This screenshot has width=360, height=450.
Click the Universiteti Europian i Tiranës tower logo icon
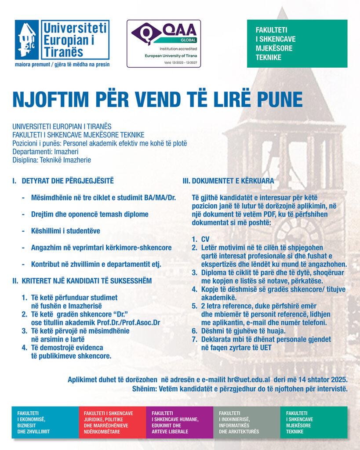click(x=27, y=40)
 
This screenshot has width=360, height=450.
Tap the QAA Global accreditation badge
click(x=164, y=44)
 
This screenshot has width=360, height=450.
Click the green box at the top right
click(x=297, y=44)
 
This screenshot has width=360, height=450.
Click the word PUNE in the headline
click(x=280, y=99)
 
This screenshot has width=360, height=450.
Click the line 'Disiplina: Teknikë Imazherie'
click(x=51, y=160)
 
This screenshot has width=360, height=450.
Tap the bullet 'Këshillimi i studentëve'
click(x=65, y=231)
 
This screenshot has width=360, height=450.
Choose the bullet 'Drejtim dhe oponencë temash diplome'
click(x=90, y=214)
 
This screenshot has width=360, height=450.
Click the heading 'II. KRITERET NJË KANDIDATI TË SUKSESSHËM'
click(x=82, y=281)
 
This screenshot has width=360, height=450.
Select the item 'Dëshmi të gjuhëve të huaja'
click(x=249, y=331)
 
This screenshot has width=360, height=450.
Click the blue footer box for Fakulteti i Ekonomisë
click(x=45, y=422)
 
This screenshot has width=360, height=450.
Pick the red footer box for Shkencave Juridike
click(x=112, y=422)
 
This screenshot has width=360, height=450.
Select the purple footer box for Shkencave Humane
click(x=179, y=422)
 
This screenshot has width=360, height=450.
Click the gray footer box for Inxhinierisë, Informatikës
click(x=247, y=422)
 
